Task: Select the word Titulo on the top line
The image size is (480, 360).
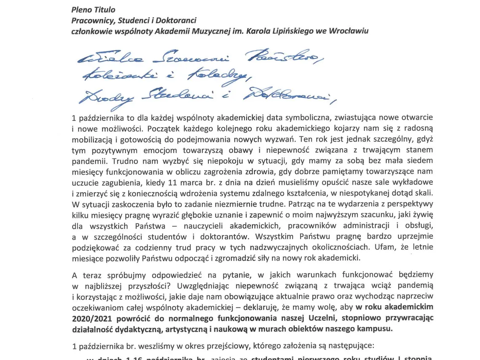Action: pyautogui.click(x=104, y=9)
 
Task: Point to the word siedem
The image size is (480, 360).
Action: pyautogui.click(x=419, y=160)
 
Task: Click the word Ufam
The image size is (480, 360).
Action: pyautogui.click(x=371, y=247)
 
